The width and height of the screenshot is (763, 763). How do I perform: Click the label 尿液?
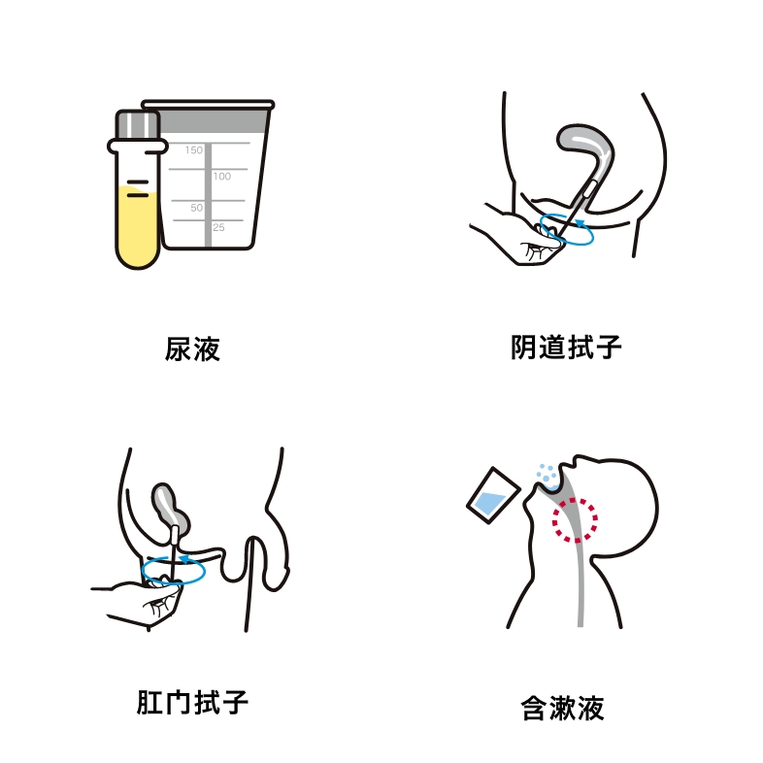coord(192,348)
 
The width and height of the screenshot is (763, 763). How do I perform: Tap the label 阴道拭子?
coord(566,347)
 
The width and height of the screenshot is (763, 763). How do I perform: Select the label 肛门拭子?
coord(192,702)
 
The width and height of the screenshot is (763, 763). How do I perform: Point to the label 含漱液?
coord(562,708)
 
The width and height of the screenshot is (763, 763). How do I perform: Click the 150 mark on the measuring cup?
coord(194,149)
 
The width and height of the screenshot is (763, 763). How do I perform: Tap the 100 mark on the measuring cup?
coord(222,176)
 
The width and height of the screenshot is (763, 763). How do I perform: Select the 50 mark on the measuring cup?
coord(196,208)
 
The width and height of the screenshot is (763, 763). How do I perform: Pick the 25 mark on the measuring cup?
coord(218,227)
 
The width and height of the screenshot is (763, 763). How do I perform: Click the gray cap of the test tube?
coord(137,125)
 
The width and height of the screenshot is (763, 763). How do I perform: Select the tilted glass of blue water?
coord(492,495)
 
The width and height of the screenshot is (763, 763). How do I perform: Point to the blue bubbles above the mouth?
coord(547,472)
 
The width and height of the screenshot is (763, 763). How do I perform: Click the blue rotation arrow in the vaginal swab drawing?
coord(567,242)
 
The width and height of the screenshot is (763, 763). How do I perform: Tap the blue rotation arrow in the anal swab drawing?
coord(173,581)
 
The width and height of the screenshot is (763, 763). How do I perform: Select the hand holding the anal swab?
coord(141,601)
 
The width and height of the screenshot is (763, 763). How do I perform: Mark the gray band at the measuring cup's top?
coord(214,121)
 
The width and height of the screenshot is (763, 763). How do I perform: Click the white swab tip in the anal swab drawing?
coord(175,536)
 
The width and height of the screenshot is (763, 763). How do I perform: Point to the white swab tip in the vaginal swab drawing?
coord(590,188)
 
